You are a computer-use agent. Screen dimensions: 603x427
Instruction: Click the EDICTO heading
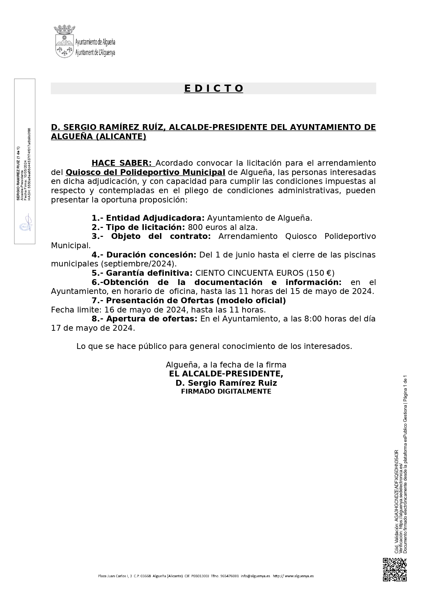[x=214, y=88]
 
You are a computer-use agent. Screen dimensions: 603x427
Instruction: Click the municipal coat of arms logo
[x=64, y=41]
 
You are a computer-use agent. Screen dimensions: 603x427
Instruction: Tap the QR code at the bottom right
[x=395, y=570]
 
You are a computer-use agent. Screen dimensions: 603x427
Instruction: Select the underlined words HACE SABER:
[x=121, y=163]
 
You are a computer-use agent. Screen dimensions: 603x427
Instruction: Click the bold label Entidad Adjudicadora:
[x=155, y=218]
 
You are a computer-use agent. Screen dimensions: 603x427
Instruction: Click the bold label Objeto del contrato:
[x=161, y=237]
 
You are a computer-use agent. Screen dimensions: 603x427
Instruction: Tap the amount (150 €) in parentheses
[x=320, y=273]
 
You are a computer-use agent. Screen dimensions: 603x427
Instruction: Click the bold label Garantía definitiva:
[x=149, y=273]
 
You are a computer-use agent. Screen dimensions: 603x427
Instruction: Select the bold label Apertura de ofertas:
[x=152, y=319]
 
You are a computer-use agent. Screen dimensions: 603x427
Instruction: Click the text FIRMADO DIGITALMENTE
[x=226, y=391]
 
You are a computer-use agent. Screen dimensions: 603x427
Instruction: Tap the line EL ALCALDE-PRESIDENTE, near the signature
[x=226, y=374]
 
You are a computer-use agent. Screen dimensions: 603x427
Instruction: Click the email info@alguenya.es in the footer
[x=255, y=576]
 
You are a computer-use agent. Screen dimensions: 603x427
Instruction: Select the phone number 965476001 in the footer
[x=229, y=576]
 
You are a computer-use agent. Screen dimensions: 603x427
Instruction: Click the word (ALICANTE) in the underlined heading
[x=120, y=136]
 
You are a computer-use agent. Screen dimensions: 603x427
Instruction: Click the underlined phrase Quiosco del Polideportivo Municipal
[x=145, y=172]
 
